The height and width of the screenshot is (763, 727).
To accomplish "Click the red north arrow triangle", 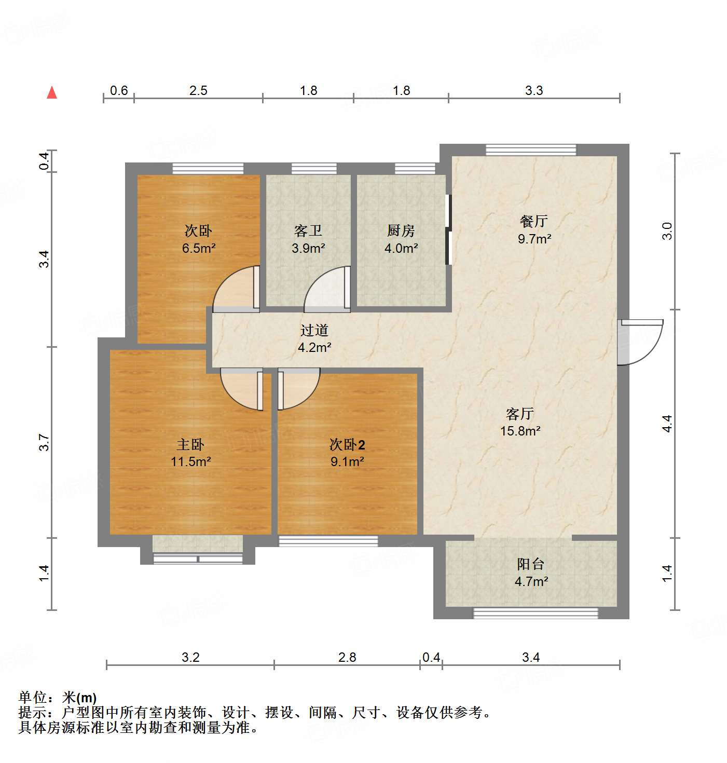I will pos(52,92).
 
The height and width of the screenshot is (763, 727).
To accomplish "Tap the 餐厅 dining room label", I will pos(533,221).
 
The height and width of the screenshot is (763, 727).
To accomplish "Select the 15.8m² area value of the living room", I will pos(520,431).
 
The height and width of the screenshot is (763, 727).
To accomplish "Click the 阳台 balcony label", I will pos(530,564).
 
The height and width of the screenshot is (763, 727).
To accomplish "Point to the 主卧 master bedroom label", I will pos(190,444).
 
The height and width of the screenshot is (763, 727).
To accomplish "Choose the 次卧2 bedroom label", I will pos(347,444).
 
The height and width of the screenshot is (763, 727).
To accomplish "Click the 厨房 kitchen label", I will pos(401,230).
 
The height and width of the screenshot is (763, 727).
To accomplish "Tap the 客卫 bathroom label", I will pos(308,230).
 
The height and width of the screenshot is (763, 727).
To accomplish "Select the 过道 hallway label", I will pos(314,330).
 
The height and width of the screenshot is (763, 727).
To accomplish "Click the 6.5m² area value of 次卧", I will pos(198,248).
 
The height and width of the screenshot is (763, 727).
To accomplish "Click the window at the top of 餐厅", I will pos(530,150).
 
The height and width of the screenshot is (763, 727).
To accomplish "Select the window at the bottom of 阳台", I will pos(535,613).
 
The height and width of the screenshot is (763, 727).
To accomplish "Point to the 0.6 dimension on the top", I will pos(119,91).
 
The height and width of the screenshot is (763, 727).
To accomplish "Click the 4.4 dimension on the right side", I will pos(667,424).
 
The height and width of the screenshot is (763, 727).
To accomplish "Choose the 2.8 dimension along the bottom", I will pos(347,658).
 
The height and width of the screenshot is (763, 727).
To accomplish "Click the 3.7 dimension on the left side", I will pos(45,442).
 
